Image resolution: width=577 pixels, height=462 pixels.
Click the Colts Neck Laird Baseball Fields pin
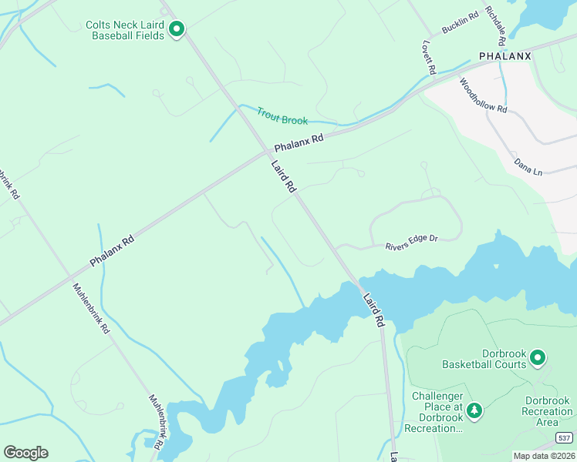177,29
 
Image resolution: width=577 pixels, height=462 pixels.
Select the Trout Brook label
282,115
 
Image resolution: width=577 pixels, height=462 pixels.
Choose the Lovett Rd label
429,59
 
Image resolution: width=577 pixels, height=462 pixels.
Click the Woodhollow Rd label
483,95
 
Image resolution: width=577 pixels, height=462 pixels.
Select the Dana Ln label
528,167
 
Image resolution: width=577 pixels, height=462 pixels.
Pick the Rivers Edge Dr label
411,243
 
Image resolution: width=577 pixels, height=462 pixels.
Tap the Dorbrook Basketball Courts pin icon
538,357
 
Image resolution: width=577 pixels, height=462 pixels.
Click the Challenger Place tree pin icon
475,410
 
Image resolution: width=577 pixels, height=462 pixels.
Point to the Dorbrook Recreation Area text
547,411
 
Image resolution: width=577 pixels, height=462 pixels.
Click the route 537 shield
565,438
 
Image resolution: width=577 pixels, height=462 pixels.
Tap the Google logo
25,453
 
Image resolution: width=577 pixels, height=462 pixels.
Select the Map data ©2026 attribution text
545,455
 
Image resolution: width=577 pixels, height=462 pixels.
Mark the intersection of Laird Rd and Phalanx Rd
265,152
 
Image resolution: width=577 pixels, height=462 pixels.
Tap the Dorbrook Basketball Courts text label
484,359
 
